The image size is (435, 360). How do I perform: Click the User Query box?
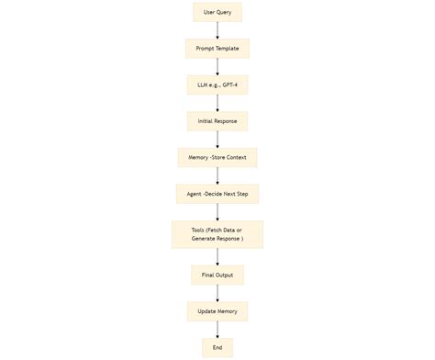tap(217, 13)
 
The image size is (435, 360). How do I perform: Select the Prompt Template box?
tap(217, 49)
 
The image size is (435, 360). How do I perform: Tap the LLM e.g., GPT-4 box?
tap(217, 84)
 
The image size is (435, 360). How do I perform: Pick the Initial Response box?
tap(217, 121)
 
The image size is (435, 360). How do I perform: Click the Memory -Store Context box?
tap(217, 157)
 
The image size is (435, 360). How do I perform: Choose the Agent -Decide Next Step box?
tap(217, 193)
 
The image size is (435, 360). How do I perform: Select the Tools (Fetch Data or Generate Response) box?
tap(217, 234)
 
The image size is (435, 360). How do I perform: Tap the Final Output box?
tap(217, 275)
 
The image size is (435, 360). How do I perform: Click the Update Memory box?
tap(217, 311)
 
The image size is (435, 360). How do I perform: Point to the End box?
tap(217, 347)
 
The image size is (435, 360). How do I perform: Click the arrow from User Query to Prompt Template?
tap(217, 30)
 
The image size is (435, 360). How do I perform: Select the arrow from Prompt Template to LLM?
tap(217, 66)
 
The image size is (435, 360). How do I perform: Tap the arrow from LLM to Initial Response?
tap(217, 103)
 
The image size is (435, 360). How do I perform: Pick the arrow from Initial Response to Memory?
tap(217, 139)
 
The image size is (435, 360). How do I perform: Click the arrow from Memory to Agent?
tap(217, 174)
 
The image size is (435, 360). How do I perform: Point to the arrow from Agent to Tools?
tap(217, 211)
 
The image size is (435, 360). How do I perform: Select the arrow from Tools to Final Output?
tap(217, 256)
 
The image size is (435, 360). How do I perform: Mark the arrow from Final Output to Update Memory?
tap(217, 293)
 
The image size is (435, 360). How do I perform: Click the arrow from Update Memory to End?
tap(217, 329)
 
